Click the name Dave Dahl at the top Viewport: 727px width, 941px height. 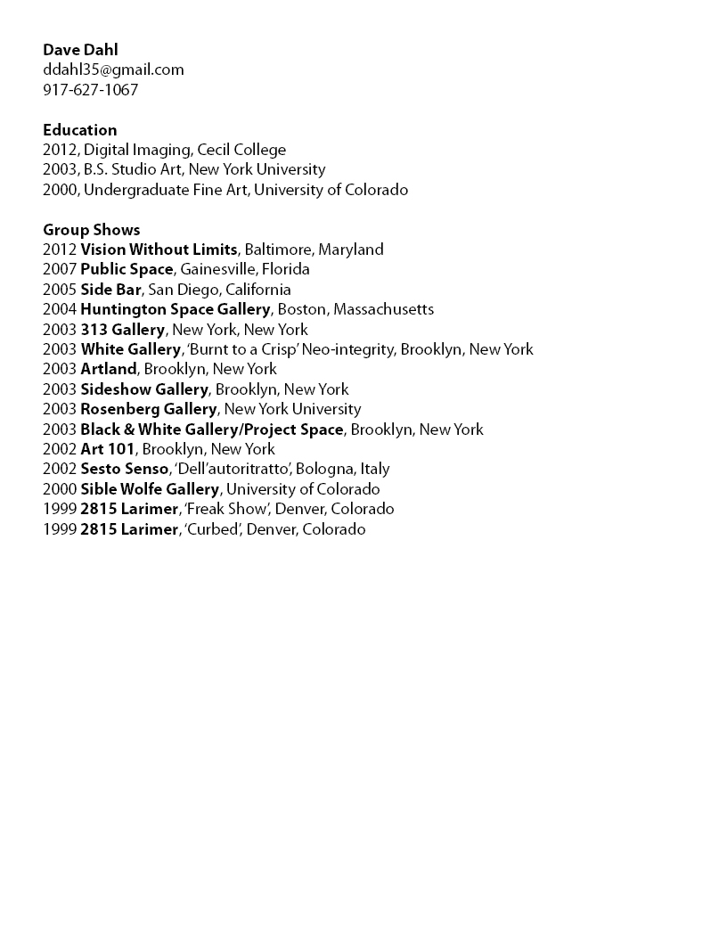[80, 50]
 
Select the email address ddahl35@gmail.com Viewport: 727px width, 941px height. [113, 70]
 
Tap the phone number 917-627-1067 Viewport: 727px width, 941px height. [90, 90]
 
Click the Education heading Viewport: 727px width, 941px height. [79, 130]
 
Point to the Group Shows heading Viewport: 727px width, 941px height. [91, 230]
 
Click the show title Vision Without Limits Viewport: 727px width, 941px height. [159, 250]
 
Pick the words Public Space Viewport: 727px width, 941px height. [127, 269]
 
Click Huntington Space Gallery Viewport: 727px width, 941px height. [175, 309]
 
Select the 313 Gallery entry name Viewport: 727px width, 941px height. [122, 330]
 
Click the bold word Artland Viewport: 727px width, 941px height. [109, 369]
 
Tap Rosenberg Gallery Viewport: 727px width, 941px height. [148, 409]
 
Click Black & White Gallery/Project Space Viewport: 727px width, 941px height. [211, 430]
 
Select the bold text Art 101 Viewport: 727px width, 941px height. [108, 449]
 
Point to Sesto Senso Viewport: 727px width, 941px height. [124, 469]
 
